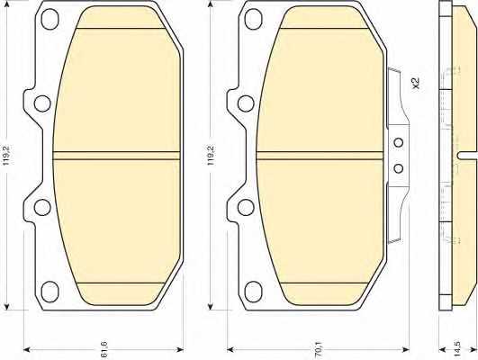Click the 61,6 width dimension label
coord(104,349)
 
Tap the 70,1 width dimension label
coord(319,349)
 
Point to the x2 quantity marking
coord(416,83)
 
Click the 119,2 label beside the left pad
coord(7,155)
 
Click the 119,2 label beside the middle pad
coord(211,155)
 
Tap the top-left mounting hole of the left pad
coord(50,19)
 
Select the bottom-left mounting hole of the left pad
coord(50,292)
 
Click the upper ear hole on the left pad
coord(42,103)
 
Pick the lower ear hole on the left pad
coord(42,207)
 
